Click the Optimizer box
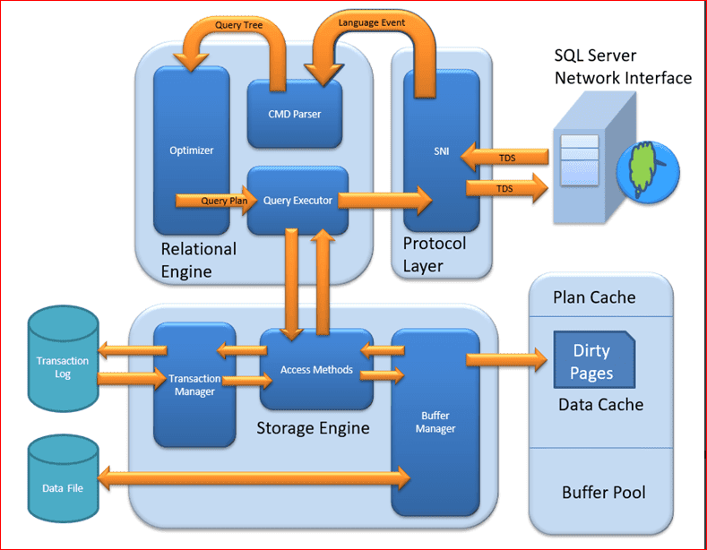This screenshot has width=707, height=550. [x=191, y=150]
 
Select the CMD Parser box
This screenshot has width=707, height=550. [x=294, y=114]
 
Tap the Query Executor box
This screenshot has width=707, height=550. [x=297, y=201]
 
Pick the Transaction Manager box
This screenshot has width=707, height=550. [x=194, y=385]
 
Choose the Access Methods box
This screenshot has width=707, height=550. [x=316, y=369]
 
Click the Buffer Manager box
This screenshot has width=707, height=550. [x=435, y=422]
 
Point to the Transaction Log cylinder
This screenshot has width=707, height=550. [x=62, y=367]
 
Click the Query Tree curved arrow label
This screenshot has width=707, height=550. [x=238, y=25]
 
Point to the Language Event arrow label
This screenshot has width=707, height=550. [x=371, y=21]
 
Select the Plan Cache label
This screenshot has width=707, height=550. [x=594, y=297]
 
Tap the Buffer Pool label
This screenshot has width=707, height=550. [x=603, y=492]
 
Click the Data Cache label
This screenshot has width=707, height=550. [x=600, y=405]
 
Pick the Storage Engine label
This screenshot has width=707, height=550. [x=313, y=427]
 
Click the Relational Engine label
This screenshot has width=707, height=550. [x=198, y=259]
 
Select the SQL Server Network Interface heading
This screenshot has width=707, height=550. [x=623, y=67]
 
